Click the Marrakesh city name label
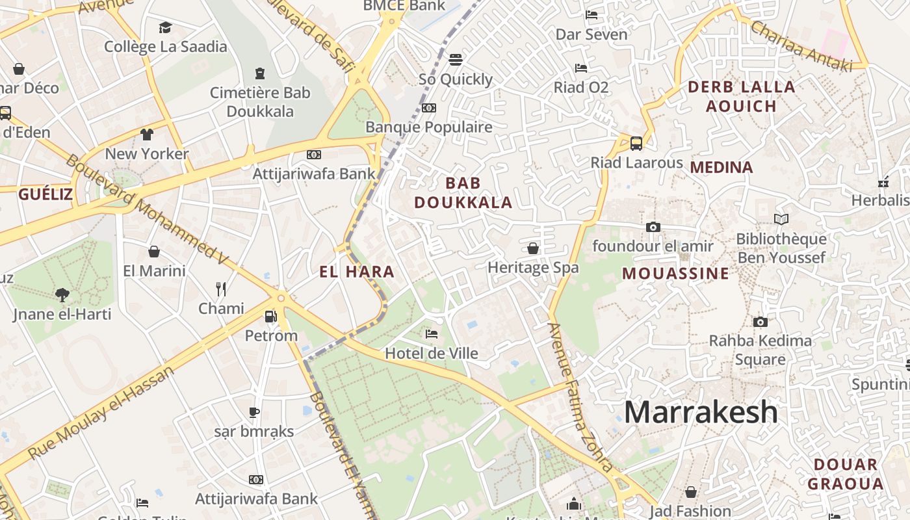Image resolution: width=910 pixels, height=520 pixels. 701,412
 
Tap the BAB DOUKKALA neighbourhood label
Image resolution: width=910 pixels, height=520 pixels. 463,193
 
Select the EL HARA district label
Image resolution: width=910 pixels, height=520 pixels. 357,272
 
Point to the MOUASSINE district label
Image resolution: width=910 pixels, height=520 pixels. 675,273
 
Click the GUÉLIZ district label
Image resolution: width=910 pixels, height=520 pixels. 45,194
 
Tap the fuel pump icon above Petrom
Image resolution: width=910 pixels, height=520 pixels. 270,317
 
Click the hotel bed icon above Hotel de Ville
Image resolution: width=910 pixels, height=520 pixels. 431,334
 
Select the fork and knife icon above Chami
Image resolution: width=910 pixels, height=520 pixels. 221,289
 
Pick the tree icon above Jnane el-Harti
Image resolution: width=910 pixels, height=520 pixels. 62,295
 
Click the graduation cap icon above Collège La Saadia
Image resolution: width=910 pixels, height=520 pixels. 165,27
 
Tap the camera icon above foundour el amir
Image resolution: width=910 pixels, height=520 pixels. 653,227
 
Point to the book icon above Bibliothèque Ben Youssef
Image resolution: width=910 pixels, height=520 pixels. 781,220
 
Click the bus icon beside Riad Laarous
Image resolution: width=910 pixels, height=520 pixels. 636,143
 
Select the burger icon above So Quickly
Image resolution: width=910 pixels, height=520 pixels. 456,60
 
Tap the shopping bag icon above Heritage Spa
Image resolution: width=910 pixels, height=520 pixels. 533,248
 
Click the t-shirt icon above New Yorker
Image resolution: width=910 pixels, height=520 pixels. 147,135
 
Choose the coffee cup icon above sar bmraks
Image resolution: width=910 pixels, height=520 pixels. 254,412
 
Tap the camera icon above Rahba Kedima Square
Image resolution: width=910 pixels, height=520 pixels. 760,322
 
